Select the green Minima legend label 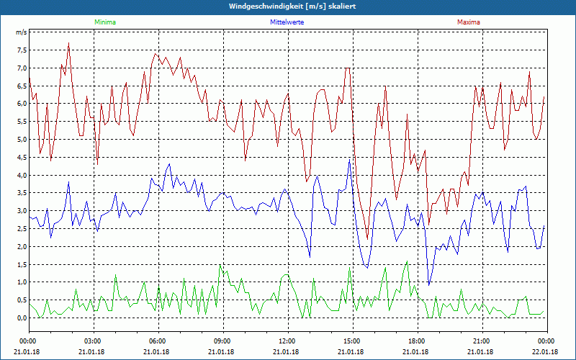click(104, 22)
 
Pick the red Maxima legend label click(468, 22)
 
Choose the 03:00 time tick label click(93, 341)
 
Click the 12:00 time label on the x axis click(287, 341)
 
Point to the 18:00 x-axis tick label click(417, 341)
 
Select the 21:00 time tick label click(482, 341)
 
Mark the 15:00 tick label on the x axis click(352, 341)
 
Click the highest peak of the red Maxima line click(68, 43)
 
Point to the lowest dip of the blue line click(429, 285)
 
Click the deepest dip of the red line click(367, 239)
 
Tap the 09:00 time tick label click(222, 341)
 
